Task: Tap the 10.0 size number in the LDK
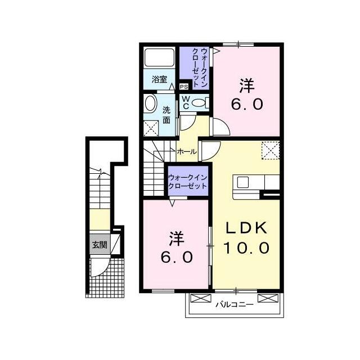pos(246,247)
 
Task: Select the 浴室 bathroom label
pos(159,80)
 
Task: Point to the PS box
pos(184,87)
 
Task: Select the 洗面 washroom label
pos(167,115)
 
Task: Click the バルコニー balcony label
pos(233,305)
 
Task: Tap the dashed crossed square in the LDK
pos(271,150)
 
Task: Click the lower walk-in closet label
pos(188,181)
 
